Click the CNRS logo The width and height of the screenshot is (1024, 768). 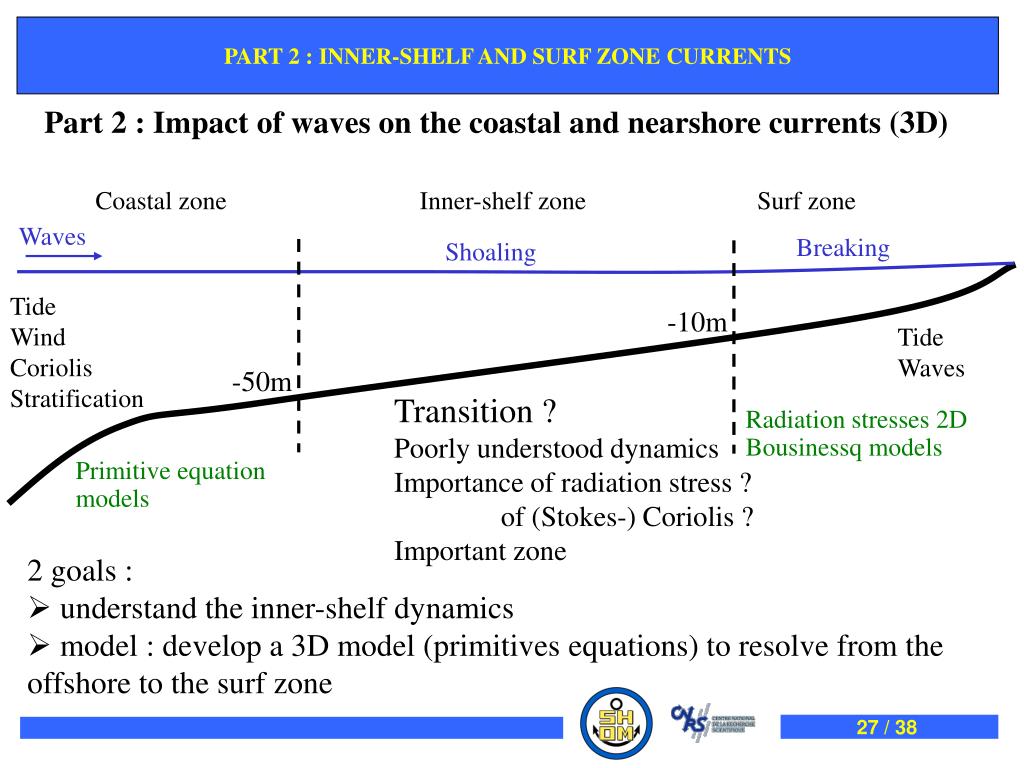[x=713, y=722]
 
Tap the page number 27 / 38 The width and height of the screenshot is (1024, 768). [x=887, y=727]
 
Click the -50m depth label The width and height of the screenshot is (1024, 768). [x=261, y=382]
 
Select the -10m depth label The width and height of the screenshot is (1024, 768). [x=697, y=322]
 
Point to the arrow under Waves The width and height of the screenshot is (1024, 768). [x=63, y=255]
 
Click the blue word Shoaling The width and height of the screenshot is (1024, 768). [x=490, y=253]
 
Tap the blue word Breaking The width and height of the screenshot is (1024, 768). [x=842, y=248]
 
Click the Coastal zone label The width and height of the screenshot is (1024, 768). [x=161, y=202]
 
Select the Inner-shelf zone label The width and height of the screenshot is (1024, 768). [x=502, y=202]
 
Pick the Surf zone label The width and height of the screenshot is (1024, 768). [x=806, y=202]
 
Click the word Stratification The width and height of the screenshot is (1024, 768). [x=77, y=399]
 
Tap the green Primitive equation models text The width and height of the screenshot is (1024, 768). [x=171, y=484]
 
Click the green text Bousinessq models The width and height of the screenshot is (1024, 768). [x=844, y=447]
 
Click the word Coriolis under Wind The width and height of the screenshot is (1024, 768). [x=51, y=368]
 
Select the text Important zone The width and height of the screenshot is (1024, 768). [x=480, y=551]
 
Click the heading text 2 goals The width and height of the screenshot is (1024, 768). [x=80, y=573]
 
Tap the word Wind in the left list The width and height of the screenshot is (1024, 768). [x=38, y=337]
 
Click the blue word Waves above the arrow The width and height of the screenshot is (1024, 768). [x=53, y=237]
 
